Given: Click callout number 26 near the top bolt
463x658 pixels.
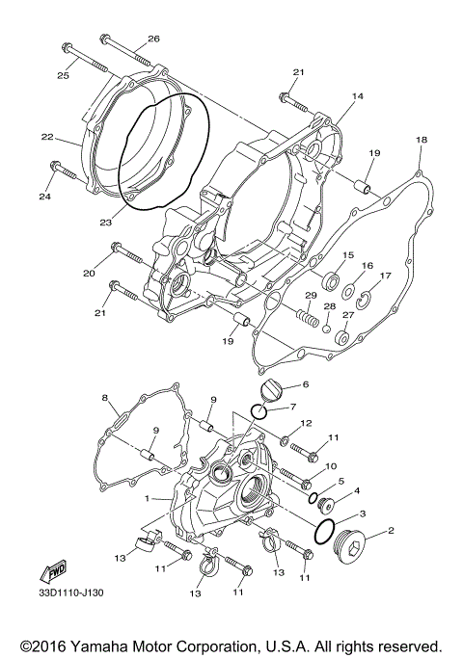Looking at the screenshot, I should tap(152, 39).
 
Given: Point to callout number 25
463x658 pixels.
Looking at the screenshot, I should tap(64, 75).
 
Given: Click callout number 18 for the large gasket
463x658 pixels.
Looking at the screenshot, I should tap(420, 141).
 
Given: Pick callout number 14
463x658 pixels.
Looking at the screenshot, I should tap(357, 96).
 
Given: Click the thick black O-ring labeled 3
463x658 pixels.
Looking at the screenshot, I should tap(327, 530).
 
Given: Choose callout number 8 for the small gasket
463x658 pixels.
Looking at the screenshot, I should tap(104, 398).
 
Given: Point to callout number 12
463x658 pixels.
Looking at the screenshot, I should tap(305, 424).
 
